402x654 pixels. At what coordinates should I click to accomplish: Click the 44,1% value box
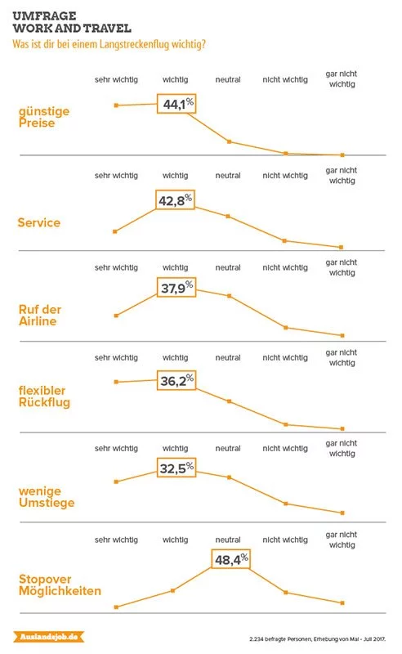click(176, 104)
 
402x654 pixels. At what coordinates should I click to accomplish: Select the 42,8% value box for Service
click(175, 199)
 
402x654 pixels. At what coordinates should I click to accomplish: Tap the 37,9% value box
click(176, 288)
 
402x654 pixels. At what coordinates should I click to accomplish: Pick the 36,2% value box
click(176, 380)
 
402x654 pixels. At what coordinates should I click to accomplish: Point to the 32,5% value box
click(176, 468)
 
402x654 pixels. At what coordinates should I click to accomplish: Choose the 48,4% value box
click(231, 559)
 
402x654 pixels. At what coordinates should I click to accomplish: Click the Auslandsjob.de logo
click(49, 637)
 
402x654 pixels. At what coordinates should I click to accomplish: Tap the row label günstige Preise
click(44, 117)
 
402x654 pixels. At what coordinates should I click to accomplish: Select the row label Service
click(38, 222)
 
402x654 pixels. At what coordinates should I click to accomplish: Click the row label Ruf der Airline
click(39, 316)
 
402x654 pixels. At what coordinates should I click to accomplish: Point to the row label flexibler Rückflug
click(44, 396)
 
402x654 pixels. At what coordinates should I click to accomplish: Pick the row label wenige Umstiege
click(47, 497)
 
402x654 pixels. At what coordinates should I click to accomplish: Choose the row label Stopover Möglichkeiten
click(60, 585)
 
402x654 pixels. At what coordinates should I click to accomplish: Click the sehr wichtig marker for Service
click(115, 231)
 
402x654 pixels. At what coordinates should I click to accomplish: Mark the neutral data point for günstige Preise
click(229, 141)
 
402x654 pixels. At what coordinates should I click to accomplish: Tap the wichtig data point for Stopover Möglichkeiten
click(172, 590)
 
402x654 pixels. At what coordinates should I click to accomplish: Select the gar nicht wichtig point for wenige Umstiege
click(342, 513)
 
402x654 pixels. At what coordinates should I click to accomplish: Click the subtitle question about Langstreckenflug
click(109, 44)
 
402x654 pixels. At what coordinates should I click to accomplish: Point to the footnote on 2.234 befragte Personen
click(317, 639)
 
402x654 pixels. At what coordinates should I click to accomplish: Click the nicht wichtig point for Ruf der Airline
click(286, 328)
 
